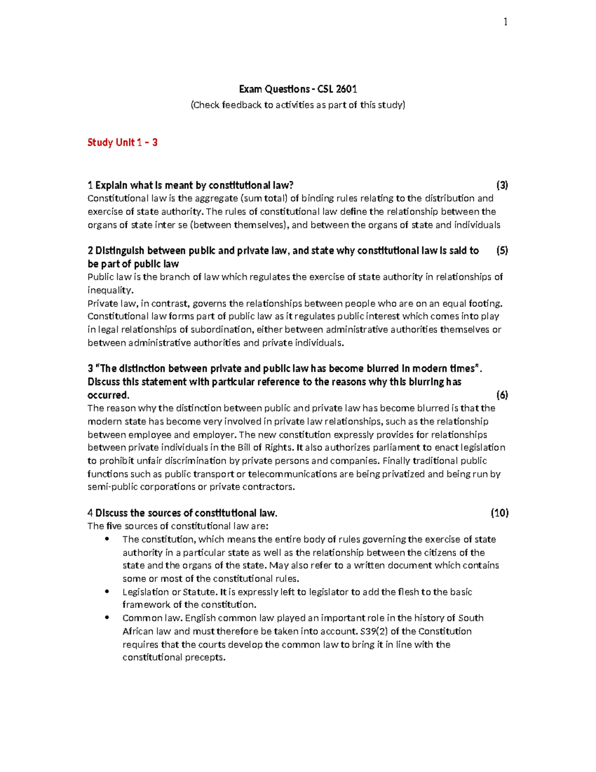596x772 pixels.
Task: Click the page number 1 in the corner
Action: [x=505, y=22]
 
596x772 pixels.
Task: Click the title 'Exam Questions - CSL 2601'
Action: [x=298, y=89]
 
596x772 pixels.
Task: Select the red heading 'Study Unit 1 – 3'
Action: [x=122, y=143]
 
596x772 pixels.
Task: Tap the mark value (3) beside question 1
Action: [x=502, y=185]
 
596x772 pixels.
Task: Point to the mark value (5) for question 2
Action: [x=502, y=251]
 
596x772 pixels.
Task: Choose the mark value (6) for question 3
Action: [x=502, y=395]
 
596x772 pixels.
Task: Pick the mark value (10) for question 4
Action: [x=500, y=513]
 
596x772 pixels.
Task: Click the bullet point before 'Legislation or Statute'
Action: [x=107, y=592]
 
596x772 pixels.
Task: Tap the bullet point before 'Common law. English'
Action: [x=107, y=618]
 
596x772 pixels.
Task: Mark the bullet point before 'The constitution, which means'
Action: [x=107, y=539]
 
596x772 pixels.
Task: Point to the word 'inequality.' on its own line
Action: [x=111, y=290]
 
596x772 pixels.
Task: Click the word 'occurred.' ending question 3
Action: [x=108, y=395]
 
